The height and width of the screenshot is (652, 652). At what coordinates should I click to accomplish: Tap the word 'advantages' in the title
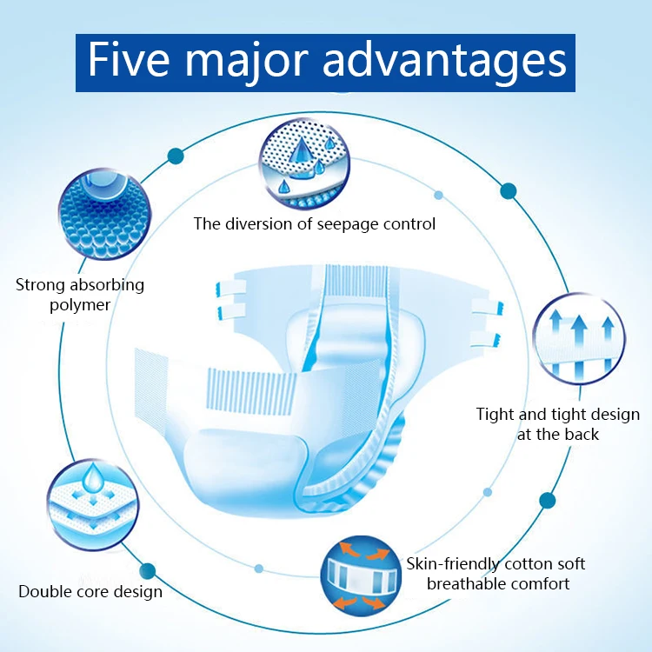444,62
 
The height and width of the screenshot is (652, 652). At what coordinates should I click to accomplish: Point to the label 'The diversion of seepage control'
314,224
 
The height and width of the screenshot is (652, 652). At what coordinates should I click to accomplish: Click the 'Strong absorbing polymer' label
80,295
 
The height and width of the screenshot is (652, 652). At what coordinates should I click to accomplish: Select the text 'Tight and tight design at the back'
557,423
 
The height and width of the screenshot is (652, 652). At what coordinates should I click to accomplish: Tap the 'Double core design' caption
90,592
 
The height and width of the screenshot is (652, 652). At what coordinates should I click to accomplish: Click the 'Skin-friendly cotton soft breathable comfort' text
496,574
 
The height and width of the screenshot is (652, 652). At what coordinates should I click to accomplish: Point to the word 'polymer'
80,305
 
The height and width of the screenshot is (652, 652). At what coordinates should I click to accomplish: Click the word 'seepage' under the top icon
336,224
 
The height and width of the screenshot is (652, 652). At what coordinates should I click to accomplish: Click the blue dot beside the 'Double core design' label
148,571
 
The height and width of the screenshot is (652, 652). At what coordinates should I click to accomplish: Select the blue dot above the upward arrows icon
509,190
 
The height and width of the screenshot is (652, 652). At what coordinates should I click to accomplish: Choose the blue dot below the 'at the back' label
547,500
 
